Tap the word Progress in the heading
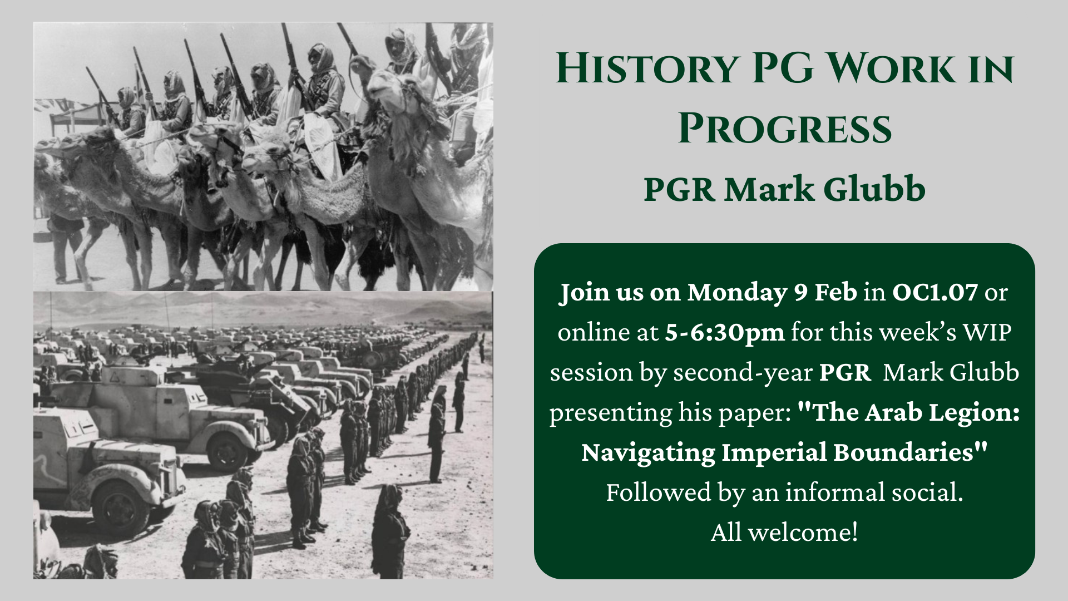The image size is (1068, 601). click(785, 129)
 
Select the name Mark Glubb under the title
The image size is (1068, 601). click(825, 189)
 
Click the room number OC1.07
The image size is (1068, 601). click(935, 292)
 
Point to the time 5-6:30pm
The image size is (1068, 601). click(725, 333)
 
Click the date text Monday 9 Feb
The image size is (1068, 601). click(772, 293)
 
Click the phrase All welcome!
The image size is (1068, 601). click(784, 533)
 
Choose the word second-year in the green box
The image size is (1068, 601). click(743, 373)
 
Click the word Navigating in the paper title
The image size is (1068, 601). click(648, 453)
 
